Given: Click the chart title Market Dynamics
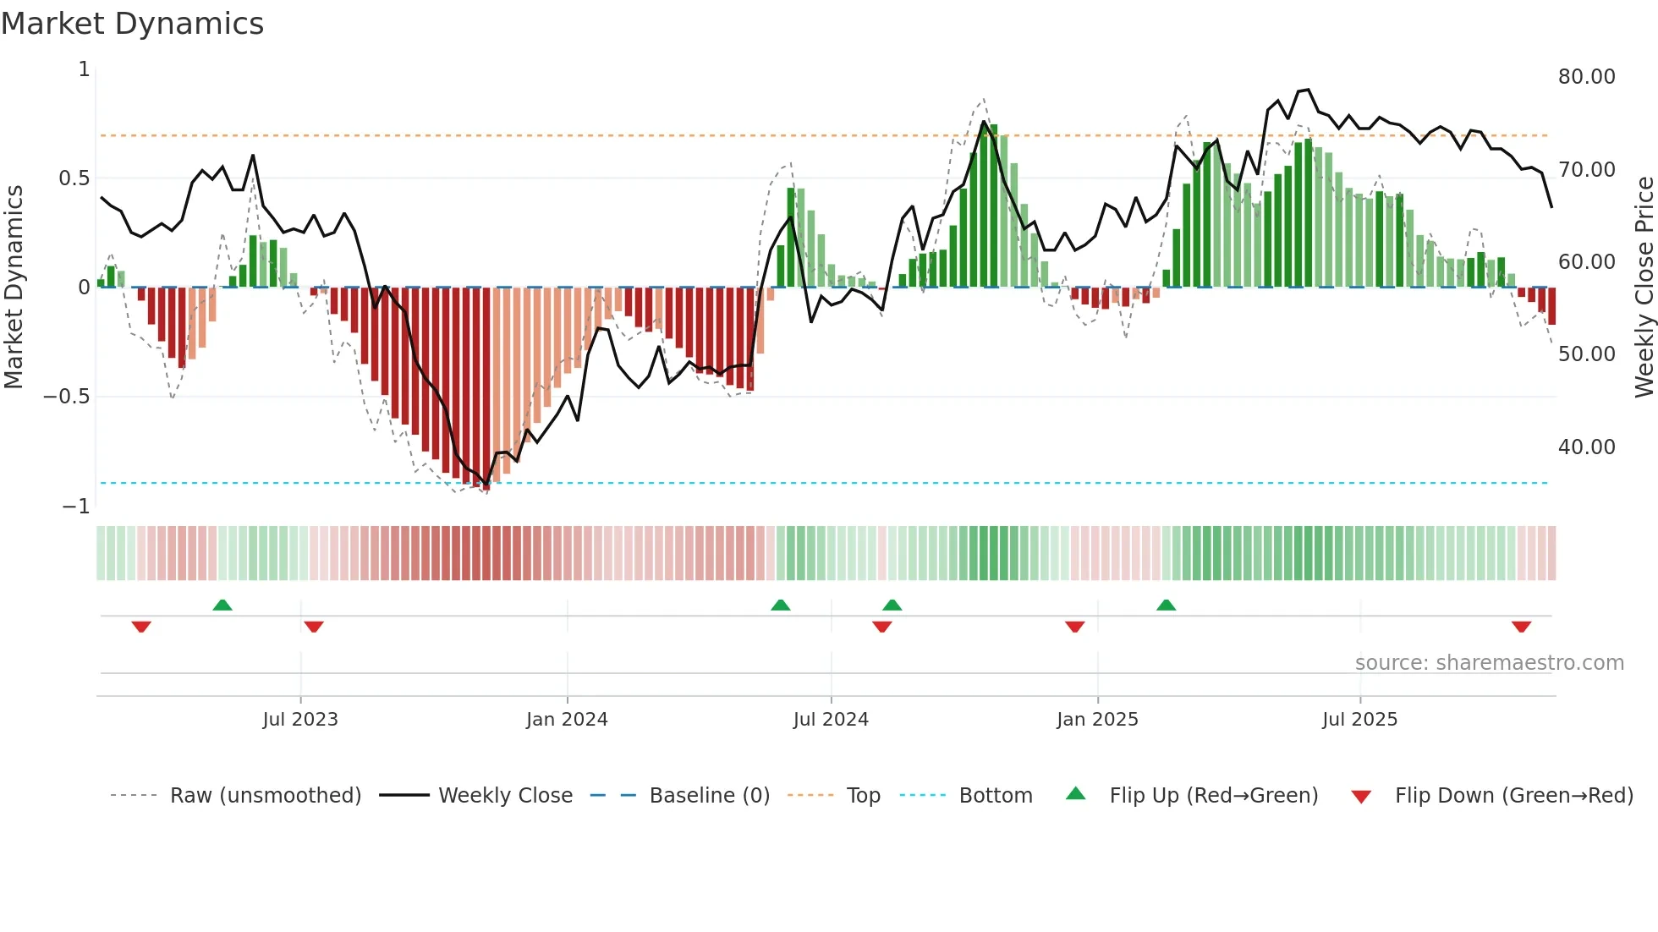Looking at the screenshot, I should click(x=132, y=24).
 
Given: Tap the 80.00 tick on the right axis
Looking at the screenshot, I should click(x=1586, y=77).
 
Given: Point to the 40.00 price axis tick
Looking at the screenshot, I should click(x=1586, y=447).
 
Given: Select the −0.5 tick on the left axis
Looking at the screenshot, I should click(x=67, y=397).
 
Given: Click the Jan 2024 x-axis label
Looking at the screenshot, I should click(x=567, y=720).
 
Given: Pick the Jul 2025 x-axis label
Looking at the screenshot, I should click(x=1359, y=720).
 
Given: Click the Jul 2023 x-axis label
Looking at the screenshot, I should click(x=300, y=720).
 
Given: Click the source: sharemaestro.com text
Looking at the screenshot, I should click(x=1489, y=663).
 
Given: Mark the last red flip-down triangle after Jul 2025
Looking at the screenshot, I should click(x=1521, y=627).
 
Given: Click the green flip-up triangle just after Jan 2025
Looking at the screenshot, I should click(x=1166, y=606).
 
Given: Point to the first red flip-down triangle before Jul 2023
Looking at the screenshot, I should click(x=141, y=627).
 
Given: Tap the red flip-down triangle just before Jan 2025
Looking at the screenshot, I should click(x=1074, y=627).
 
